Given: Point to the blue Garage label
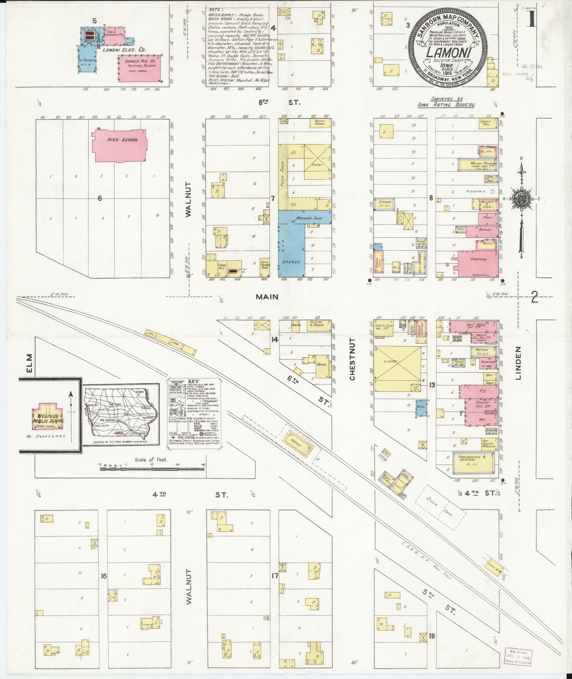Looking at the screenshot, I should (291, 262).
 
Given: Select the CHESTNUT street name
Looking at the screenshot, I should (352, 359).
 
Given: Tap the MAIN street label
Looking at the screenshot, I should (266, 297).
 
